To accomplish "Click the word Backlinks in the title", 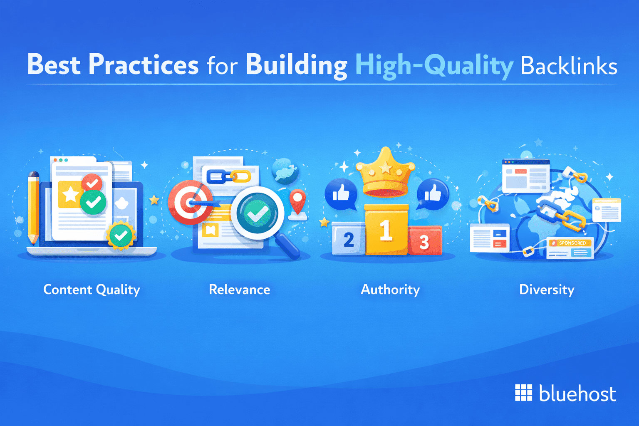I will (569, 66).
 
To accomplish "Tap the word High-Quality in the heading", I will (434, 66).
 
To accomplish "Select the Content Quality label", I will (92, 290).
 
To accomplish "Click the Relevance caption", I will (239, 290).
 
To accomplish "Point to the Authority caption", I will (390, 290).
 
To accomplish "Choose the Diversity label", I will (547, 290).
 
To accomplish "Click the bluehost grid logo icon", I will (523, 393).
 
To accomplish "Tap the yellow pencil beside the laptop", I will (34, 208).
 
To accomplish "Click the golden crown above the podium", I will (385, 173).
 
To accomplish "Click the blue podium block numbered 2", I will (349, 239).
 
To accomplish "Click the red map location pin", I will (298, 201).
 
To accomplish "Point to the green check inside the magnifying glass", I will (257, 213).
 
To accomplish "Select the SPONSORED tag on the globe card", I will (572, 243).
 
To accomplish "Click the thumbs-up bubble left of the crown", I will (341, 193).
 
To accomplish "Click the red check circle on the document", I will (92, 183).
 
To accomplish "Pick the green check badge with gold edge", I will (121, 236).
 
